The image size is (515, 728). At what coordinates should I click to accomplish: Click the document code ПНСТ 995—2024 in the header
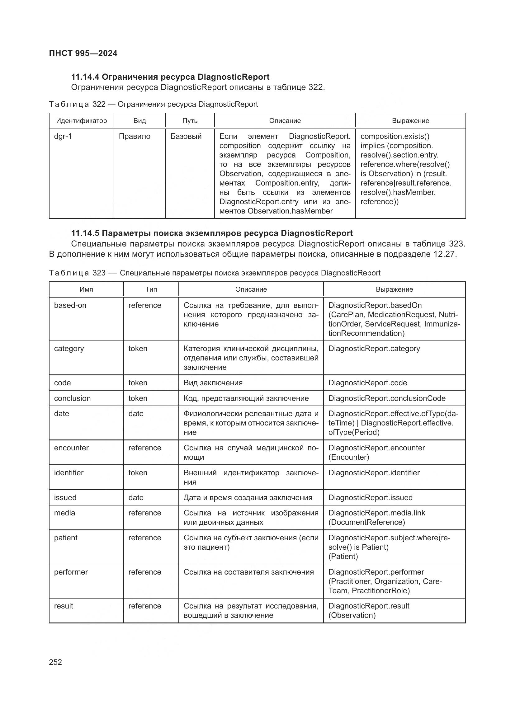(83, 53)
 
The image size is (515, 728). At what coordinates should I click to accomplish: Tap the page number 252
(55, 662)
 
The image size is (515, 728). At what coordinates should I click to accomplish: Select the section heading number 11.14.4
(85, 77)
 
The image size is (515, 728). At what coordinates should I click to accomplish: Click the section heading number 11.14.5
(85, 233)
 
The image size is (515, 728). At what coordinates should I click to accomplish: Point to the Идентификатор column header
(82, 121)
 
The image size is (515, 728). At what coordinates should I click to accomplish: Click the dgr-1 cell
(63, 136)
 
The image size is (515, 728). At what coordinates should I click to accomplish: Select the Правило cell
(135, 136)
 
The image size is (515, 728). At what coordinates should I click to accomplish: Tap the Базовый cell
(186, 136)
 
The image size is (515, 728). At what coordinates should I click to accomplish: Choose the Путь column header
(190, 121)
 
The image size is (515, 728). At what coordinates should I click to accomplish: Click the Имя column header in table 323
(86, 289)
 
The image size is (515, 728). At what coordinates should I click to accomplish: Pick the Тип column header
(151, 289)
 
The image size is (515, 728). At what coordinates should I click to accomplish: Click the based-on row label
(70, 305)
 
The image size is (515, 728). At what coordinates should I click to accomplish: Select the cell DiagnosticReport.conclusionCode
(387, 398)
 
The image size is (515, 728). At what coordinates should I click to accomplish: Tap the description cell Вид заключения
(213, 383)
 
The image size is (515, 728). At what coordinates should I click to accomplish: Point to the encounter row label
(71, 448)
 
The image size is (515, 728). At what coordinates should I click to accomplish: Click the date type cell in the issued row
(136, 497)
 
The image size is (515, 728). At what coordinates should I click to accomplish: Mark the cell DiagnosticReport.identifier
(374, 473)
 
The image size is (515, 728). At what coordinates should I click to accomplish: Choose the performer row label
(71, 572)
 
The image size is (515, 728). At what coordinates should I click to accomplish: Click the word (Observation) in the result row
(352, 615)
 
